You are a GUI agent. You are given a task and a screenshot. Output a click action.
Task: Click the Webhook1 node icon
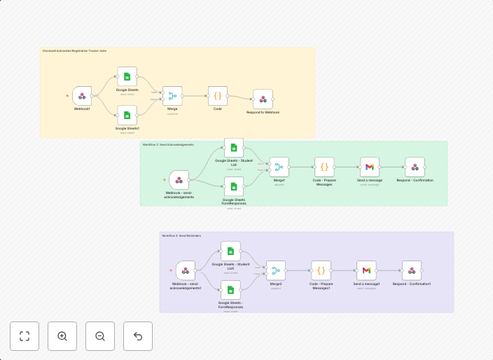click(x=82, y=96)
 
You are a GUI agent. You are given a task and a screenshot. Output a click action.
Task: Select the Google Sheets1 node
click(x=127, y=115)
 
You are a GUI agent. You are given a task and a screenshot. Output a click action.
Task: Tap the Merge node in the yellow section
click(x=172, y=96)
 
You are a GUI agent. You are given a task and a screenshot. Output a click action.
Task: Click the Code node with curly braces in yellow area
click(x=218, y=96)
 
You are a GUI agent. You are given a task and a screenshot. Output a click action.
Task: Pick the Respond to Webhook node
click(x=263, y=99)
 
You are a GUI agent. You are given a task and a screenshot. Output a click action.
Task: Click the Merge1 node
click(x=279, y=167)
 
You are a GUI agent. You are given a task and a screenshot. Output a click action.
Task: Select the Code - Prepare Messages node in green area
click(x=324, y=167)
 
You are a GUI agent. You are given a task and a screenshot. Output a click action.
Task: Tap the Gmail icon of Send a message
click(x=370, y=167)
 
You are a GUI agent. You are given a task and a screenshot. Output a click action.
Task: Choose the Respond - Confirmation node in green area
click(x=415, y=167)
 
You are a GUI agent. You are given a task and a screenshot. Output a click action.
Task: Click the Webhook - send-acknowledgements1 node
click(x=186, y=270)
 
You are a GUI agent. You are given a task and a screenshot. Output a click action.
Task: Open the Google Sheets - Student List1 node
click(x=230, y=251)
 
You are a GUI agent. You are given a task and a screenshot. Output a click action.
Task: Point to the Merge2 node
click(x=276, y=270)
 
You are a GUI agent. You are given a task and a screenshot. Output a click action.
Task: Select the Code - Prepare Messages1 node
click(x=321, y=270)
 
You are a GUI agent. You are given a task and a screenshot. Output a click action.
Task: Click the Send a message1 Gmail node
click(x=366, y=270)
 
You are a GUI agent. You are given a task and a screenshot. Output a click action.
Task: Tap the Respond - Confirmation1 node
click(x=412, y=270)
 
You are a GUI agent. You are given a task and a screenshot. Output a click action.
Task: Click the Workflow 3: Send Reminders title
click(x=181, y=236)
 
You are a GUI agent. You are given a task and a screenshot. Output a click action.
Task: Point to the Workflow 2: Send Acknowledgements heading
click(x=168, y=145)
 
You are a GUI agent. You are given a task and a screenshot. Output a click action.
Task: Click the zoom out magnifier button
click(x=100, y=336)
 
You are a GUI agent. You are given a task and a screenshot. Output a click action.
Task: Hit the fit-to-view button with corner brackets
click(x=25, y=336)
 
